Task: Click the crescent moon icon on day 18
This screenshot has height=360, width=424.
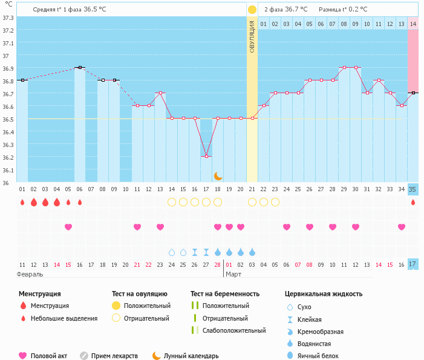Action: point(218,175)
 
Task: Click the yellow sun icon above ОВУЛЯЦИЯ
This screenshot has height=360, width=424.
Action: point(252,10)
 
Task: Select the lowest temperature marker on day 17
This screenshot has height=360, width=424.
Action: point(206,157)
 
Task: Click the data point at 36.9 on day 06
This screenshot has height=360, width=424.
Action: point(80,68)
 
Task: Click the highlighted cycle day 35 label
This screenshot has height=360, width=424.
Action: point(413,189)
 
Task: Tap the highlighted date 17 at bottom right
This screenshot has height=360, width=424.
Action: point(413,264)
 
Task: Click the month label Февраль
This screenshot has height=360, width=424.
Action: point(30,275)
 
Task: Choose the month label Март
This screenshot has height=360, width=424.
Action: point(233,275)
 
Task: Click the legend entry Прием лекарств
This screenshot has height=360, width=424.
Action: point(114,356)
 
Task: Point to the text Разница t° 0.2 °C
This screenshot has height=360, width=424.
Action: point(343,10)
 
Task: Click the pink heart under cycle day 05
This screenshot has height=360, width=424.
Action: point(68,227)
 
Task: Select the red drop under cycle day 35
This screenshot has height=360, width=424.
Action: point(413,202)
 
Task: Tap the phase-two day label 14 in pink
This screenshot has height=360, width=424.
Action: point(413,24)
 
